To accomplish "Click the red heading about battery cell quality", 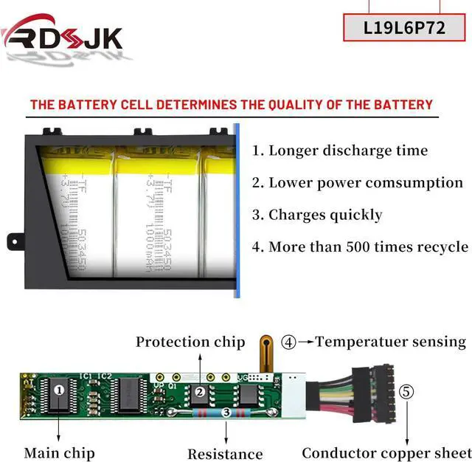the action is [x=231, y=104].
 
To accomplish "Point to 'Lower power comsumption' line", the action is [x=357, y=182].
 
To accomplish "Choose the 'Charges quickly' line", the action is [x=317, y=215].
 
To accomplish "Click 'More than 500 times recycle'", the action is [x=360, y=247].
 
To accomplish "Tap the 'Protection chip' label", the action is [x=190, y=342].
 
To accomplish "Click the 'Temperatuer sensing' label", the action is [x=391, y=342].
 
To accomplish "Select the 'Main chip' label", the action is [x=59, y=452].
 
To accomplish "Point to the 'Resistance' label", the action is [x=225, y=454].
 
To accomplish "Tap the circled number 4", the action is [x=289, y=342].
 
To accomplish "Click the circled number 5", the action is [x=406, y=391].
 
